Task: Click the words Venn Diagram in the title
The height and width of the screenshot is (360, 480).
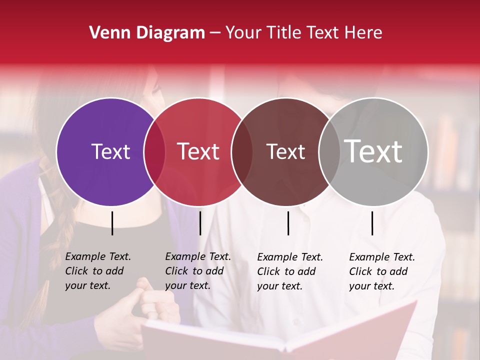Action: click(147, 33)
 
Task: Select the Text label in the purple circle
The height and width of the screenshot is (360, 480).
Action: click(110, 151)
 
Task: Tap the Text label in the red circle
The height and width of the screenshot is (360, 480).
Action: click(198, 151)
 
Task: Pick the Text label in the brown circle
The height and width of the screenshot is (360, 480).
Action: click(285, 151)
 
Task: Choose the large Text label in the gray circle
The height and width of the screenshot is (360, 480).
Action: click(373, 151)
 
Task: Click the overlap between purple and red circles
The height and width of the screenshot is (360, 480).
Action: click(154, 152)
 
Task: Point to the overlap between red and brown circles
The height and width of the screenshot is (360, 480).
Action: click(242, 152)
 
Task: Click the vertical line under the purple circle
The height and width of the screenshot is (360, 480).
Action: click(112, 223)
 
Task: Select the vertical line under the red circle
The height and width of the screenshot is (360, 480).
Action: click(200, 223)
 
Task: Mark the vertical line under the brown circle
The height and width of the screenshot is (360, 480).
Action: click(288, 223)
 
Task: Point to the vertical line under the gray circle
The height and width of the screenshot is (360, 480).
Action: click(372, 223)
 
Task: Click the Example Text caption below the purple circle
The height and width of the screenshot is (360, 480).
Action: click(97, 271)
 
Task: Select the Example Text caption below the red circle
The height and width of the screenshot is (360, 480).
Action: click(197, 271)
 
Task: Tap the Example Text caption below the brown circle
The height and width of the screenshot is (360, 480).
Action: click(289, 271)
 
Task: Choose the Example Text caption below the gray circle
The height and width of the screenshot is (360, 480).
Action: click(381, 271)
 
